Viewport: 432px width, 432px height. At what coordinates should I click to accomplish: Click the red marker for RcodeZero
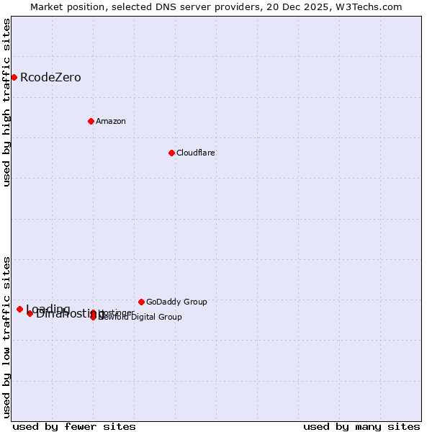point(14,77)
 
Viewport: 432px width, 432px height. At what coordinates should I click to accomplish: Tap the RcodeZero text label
point(50,78)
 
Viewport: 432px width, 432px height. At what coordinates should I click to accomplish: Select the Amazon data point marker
point(91,121)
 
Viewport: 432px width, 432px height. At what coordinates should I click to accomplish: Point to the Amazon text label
point(111,121)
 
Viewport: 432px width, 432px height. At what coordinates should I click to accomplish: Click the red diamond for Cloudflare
point(171,153)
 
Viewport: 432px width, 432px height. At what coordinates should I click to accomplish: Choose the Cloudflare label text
point(196,153)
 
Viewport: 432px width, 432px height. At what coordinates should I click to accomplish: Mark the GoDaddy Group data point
point(141,302)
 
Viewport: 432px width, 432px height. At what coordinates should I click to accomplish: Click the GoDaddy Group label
point(176,302)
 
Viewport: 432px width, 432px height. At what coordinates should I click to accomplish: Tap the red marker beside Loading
point(19,309)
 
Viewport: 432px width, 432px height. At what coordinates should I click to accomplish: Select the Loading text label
point(48,310)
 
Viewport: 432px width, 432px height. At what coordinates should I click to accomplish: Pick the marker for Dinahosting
point(30,313)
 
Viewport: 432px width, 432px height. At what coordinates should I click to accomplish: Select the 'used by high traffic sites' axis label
point(7,102)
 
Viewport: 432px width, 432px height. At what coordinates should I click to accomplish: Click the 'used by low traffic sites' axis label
point(7,336)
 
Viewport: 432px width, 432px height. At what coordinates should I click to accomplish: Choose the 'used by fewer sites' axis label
point(74,426)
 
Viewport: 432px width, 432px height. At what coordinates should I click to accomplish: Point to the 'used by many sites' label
point(361,426)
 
